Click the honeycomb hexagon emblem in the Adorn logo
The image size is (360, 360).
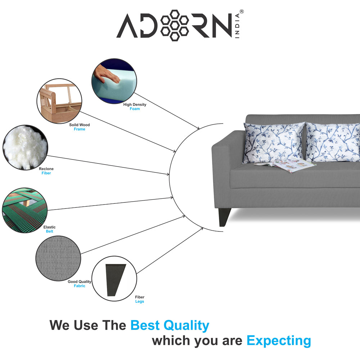pyautogui.click(x=175, y=25)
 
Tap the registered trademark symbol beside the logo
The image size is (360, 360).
pyautogui.click(x=242, y=12)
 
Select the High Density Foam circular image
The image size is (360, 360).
pyautogui.click(x=114, y=81)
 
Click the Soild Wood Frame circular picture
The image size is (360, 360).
pyautogui.click(x=59, y=100)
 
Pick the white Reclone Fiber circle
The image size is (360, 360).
pyautogui.click(x=25, y=147)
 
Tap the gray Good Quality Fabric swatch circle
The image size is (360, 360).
pyautogui.click(x=58, y=258)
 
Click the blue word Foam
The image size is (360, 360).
pyautogui.click(x=135, y=109)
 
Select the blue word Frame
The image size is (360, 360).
pyautogui.click(x=80, y=129)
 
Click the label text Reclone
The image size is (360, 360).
pyautogui.click(x=46, y=169)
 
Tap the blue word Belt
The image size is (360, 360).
pyautogui.click(x=49, y=231)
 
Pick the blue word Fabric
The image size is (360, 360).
pyautogui.click(x=80, y=286)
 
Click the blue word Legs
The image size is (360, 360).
pyautogui.click(x=140, y=301)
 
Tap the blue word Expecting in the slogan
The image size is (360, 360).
pyautogui.click(x=279, y=340)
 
